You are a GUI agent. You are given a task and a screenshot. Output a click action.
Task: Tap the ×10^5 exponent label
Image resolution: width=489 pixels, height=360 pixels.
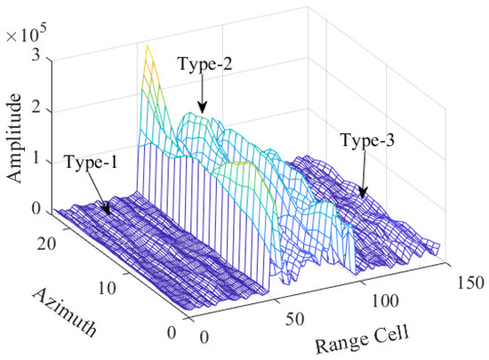tap(28, 35)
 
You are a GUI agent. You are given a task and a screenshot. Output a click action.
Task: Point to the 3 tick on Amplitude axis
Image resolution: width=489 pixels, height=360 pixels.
tap(36, 55)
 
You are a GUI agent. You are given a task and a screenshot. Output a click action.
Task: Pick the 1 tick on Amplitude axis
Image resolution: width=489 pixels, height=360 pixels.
tap(36, 159)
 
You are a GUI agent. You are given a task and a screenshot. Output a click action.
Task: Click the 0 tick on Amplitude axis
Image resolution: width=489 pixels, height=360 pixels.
tap(36, 210)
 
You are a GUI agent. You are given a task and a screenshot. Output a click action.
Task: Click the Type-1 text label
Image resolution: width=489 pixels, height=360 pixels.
tap(93, 164)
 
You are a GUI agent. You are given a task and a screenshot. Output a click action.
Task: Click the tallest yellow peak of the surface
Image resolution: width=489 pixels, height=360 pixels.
tap(148, 45)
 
